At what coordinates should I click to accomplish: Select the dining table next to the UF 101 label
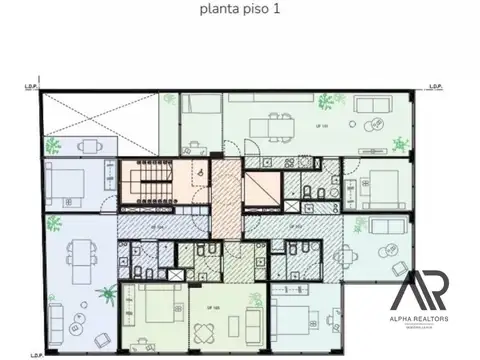coord(266,126)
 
